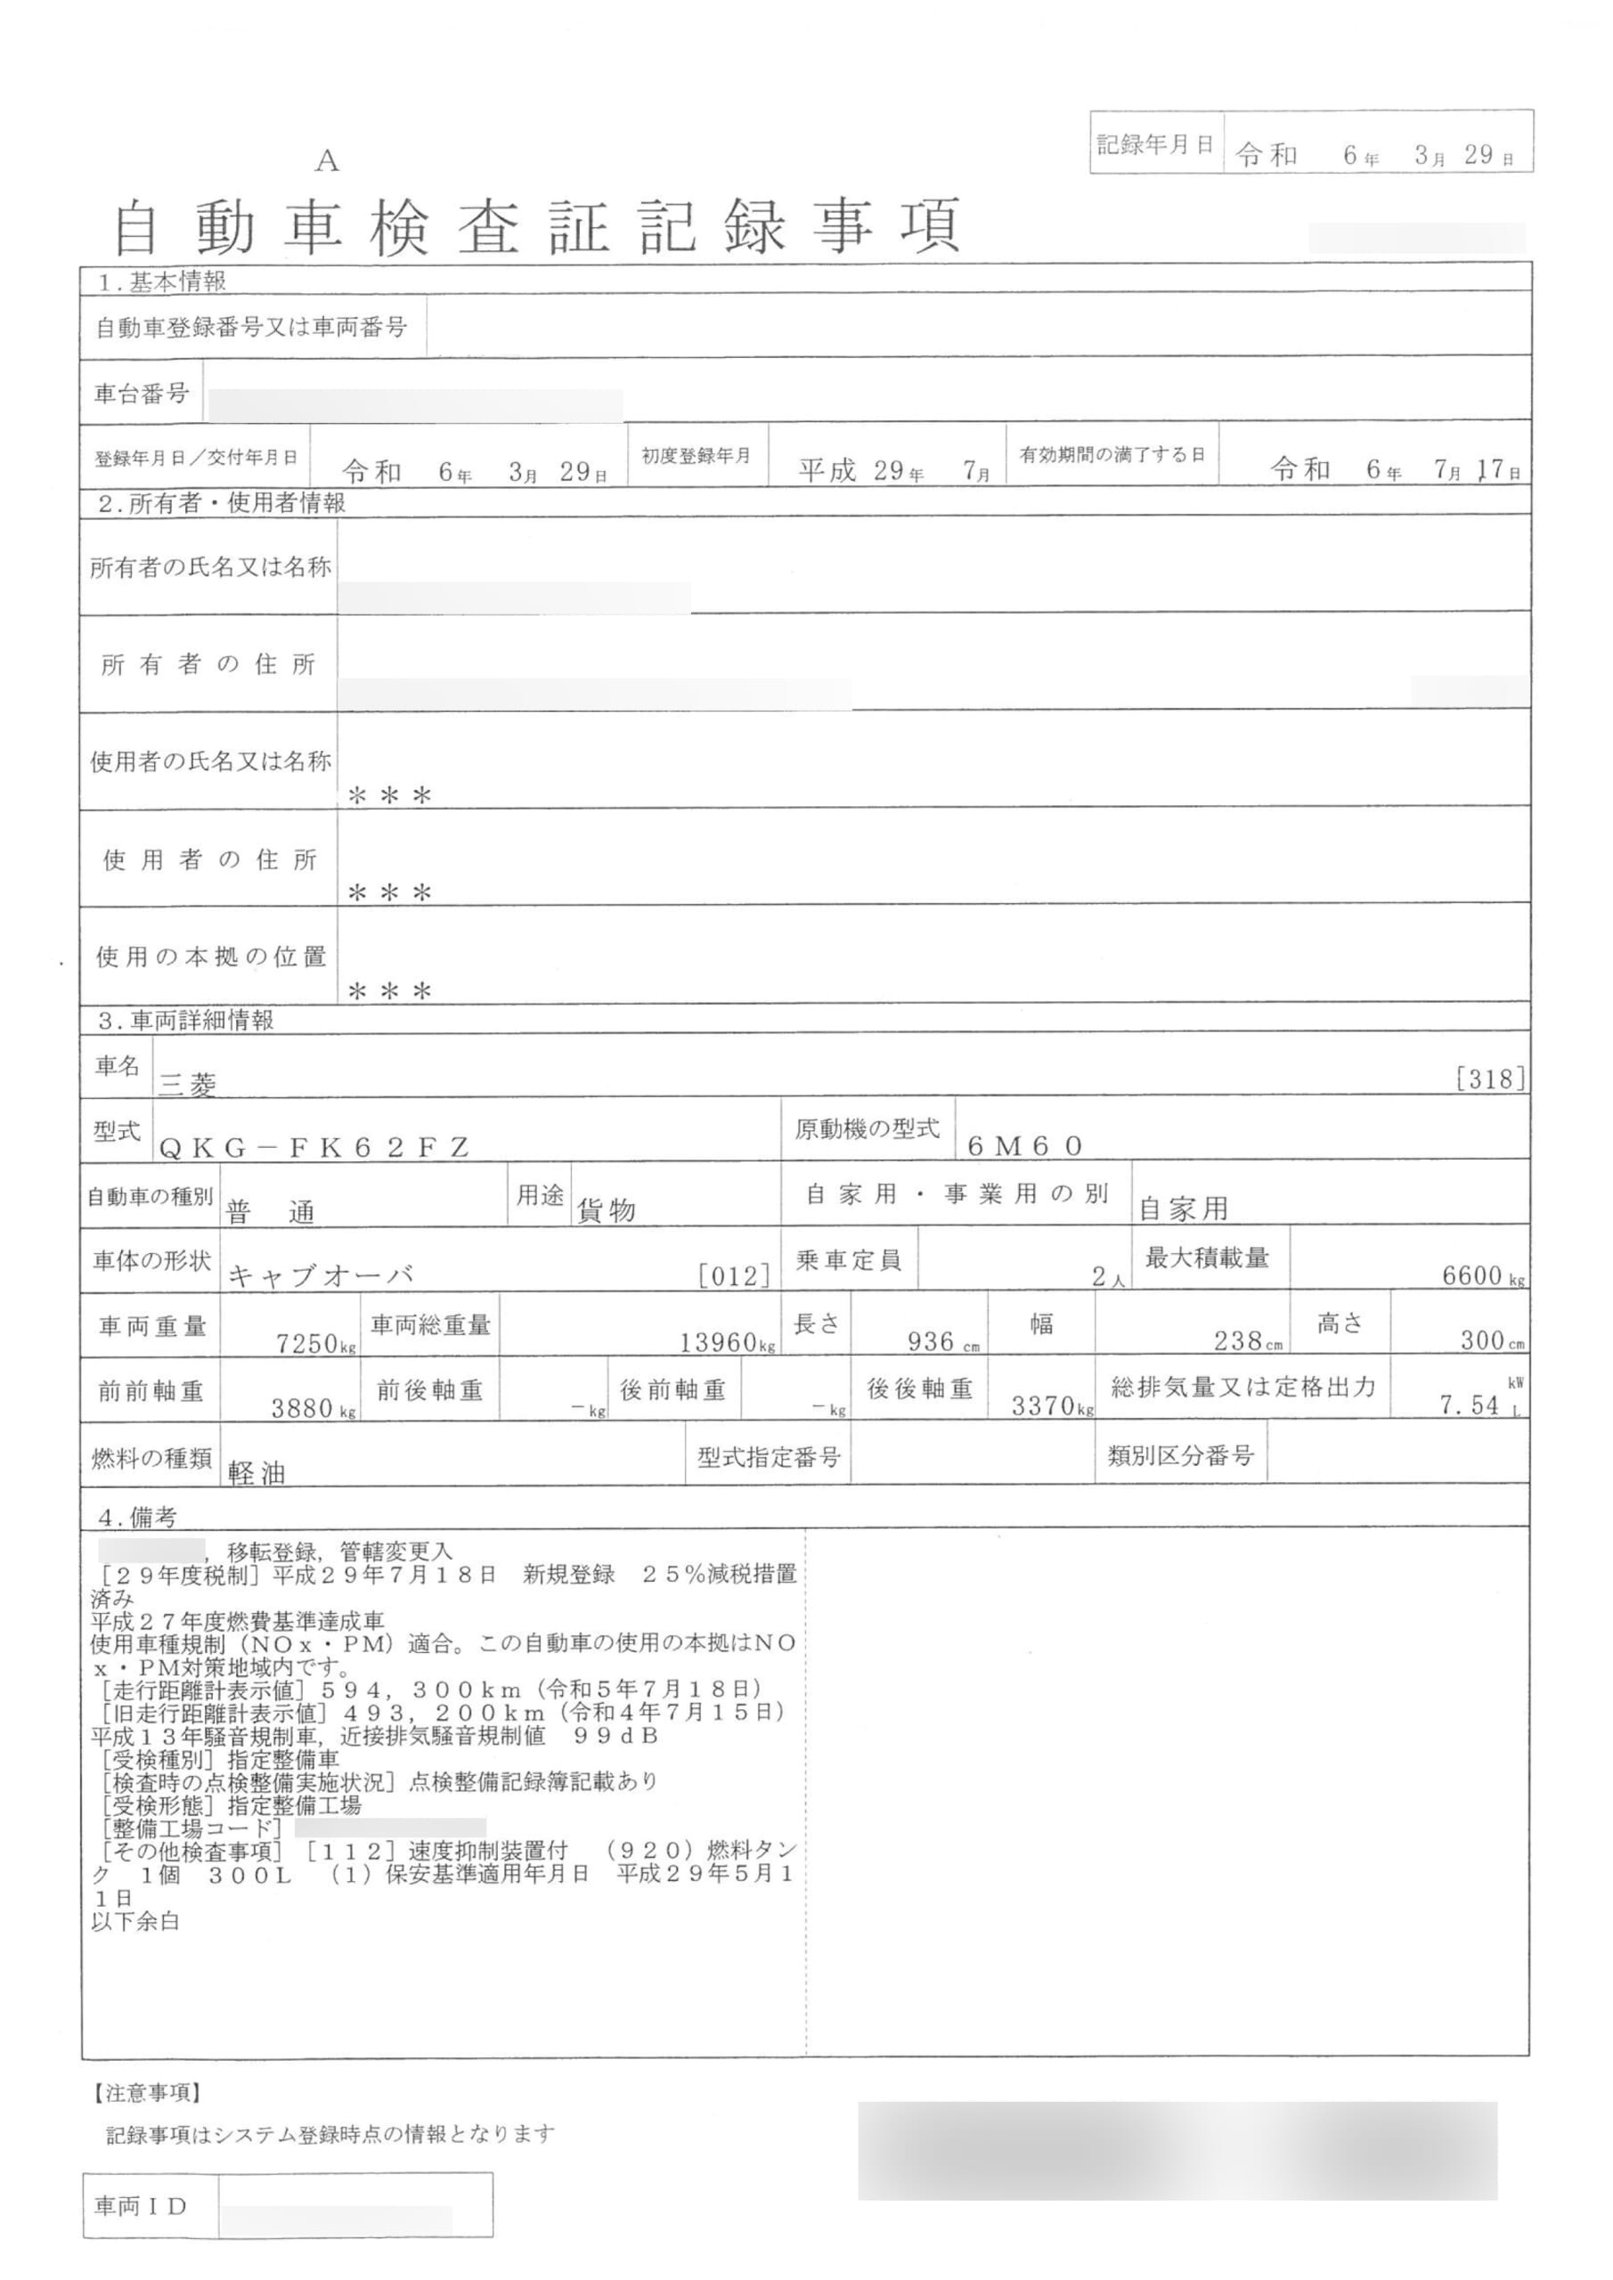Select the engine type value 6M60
tap(1024, 1146)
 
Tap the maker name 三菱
tap(189, 1085)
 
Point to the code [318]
tap(1490, 1079)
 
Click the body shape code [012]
tap(734, 1276)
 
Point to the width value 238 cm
tap(1248, 1341)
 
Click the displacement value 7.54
tap(1470, 1405)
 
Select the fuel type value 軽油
tap(257, 1474)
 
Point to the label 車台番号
tap(141, 395)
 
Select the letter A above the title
tap(327, 161)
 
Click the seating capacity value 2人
tap(1109, 1278)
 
